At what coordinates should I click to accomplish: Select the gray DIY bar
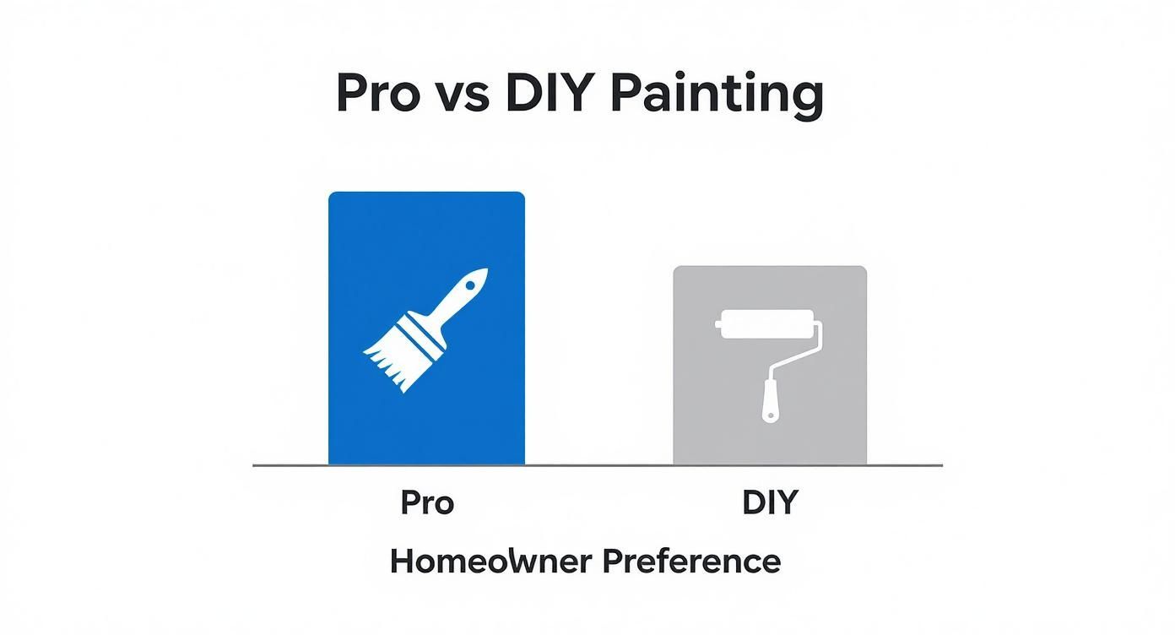click(x=769, y=431)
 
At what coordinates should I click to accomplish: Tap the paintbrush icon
click(x=426, y=329)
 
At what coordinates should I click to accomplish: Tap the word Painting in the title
click(x=716, y=95)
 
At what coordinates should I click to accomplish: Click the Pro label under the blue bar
click(x=427, y=503)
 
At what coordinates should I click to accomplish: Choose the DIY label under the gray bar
click(x=770, y=503)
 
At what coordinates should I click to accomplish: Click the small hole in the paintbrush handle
click(x=468, y=285)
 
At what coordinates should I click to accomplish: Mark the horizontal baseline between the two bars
click(x=598, y=465)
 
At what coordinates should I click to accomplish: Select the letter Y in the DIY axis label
click(x=786, y=503)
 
